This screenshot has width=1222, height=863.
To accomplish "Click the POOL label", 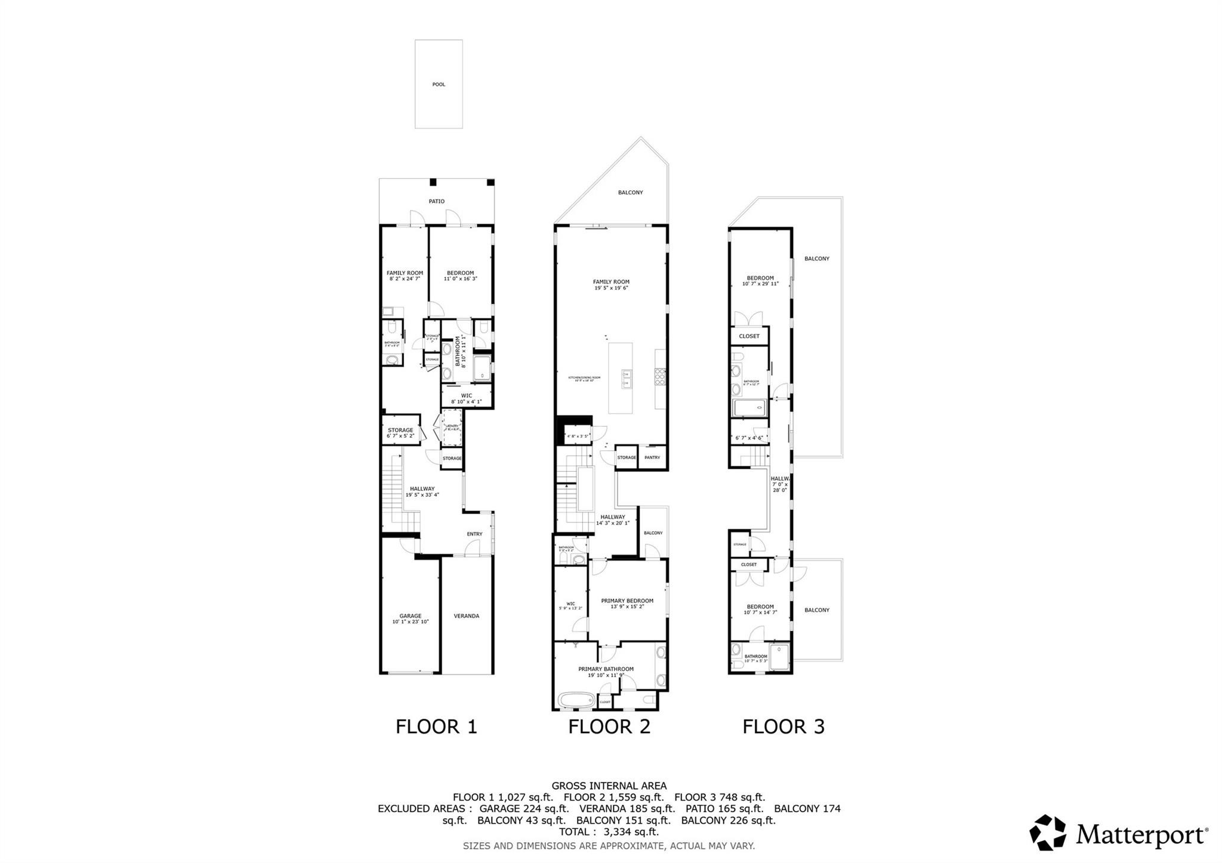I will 439,85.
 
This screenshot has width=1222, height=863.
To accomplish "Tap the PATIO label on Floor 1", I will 436,202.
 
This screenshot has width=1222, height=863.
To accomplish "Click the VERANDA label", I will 467,616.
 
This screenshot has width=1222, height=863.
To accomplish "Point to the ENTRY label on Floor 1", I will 474,534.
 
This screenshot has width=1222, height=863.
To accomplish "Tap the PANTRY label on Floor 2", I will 652,457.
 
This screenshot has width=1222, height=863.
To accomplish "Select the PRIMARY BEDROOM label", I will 627,601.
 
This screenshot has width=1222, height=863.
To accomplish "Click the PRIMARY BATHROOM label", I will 606,669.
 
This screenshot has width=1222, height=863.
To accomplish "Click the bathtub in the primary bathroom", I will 576,700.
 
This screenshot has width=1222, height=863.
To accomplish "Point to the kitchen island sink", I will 627,379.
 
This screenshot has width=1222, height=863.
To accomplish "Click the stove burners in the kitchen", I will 661,378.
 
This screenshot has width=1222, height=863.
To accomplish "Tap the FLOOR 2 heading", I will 609,726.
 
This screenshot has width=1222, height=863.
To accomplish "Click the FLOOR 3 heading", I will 783,726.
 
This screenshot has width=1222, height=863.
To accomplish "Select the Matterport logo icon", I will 1048,832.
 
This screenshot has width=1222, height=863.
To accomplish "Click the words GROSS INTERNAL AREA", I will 609,786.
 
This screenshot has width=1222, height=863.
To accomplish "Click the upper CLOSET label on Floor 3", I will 749,336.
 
